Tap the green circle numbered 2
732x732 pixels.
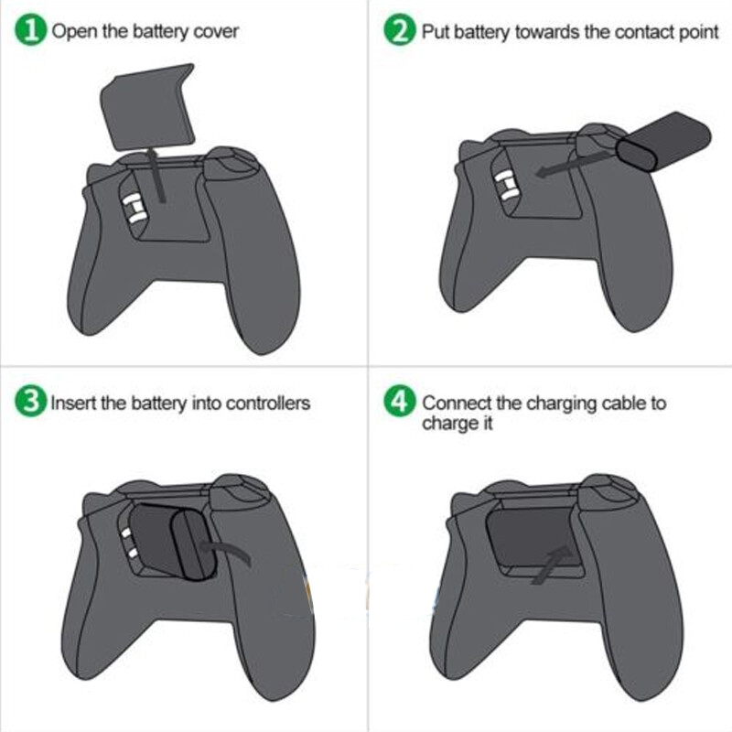pyautogui.click(x=400, y=31)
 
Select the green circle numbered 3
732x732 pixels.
pyautogui.click(x=32, y=403)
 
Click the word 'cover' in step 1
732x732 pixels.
pyautogui.click(x=217, y=32)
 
